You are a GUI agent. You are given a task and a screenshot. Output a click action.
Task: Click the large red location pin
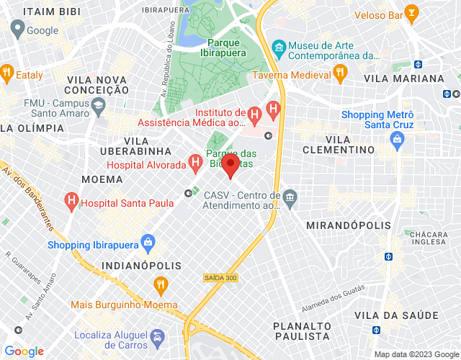[230, 166]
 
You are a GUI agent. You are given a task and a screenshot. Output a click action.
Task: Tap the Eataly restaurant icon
[6, 72]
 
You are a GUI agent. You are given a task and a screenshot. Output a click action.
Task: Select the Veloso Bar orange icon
[411, 12]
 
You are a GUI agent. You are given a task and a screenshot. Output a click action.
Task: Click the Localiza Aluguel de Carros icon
[156, 337]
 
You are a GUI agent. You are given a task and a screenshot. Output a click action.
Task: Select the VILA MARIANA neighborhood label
[404, 78]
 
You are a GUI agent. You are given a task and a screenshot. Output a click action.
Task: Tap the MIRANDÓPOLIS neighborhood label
[349, 225]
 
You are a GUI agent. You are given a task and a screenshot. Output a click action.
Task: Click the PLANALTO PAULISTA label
[303, 330]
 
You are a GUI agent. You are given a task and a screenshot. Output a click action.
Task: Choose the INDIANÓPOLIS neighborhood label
[142, 266]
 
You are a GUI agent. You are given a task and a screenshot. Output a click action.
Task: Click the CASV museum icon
[290, 197]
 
